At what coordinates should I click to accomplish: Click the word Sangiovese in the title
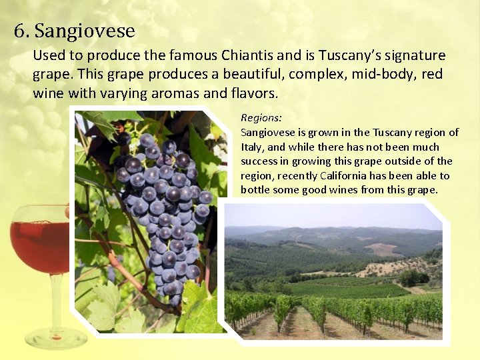click(85, 31)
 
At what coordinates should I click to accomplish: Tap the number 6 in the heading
click(19, 31)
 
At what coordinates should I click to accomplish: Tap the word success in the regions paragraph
click(259, 161)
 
